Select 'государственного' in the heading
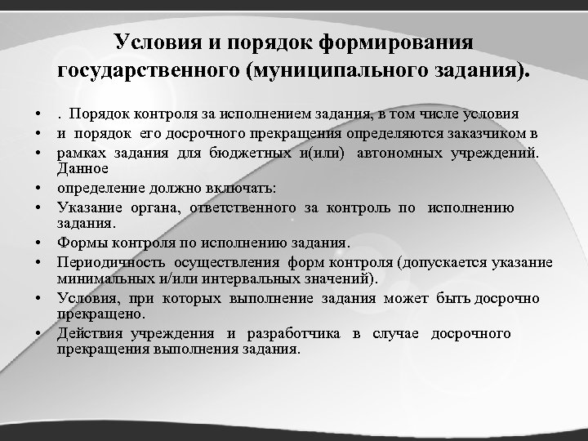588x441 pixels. coord(149,70)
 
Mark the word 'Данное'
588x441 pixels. coord(82,168)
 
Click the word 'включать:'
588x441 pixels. coord(243,188)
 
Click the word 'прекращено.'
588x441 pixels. coord(100,314)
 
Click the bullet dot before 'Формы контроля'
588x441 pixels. coord(38,243)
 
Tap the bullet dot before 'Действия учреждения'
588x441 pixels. coord(38,334)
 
